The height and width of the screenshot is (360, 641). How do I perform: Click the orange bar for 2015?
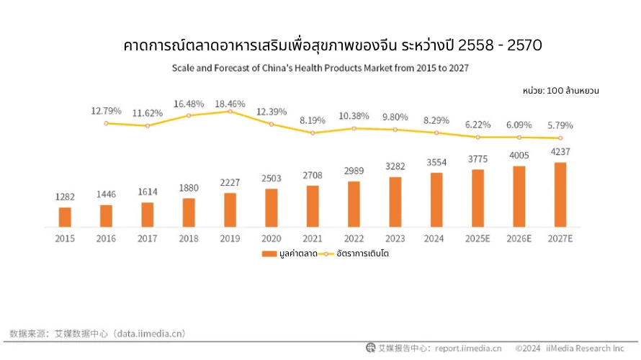(x=65, y=217)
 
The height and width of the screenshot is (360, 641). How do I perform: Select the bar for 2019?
(x=230, y=210)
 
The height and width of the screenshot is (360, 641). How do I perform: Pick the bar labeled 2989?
(x=354, y=204)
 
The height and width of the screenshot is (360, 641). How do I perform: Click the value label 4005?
(x=519, y=156)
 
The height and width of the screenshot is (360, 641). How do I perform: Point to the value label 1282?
(x=65, y=197)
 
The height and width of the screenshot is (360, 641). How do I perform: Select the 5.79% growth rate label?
(x=560, y=125)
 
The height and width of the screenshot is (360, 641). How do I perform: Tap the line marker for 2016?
(x=106, y=123)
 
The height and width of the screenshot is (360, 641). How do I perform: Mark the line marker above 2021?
(x=313, y=132)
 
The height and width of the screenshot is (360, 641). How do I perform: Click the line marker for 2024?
(x=436, y=132)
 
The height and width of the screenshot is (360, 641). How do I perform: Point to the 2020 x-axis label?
(x=271, y=239)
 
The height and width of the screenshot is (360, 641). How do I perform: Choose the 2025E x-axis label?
(x=478, y=239)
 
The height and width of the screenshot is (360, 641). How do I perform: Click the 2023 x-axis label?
(x=395, y=239)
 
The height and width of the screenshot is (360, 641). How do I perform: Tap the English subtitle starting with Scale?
(x=320, y=68)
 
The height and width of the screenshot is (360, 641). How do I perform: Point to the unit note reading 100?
(x=561, y=91)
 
